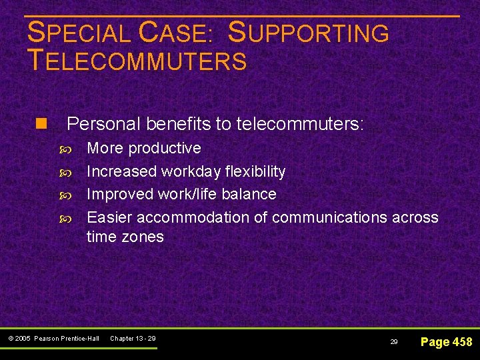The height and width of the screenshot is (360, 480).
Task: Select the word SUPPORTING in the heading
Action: (308, 33)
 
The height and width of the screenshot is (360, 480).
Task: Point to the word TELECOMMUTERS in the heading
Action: (137, 61)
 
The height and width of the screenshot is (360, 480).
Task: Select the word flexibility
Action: (255, 171)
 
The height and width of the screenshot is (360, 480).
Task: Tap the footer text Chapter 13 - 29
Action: (133, 339)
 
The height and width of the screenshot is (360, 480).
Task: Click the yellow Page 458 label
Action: (446, 341)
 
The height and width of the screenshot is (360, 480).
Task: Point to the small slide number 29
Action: (394, 341)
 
